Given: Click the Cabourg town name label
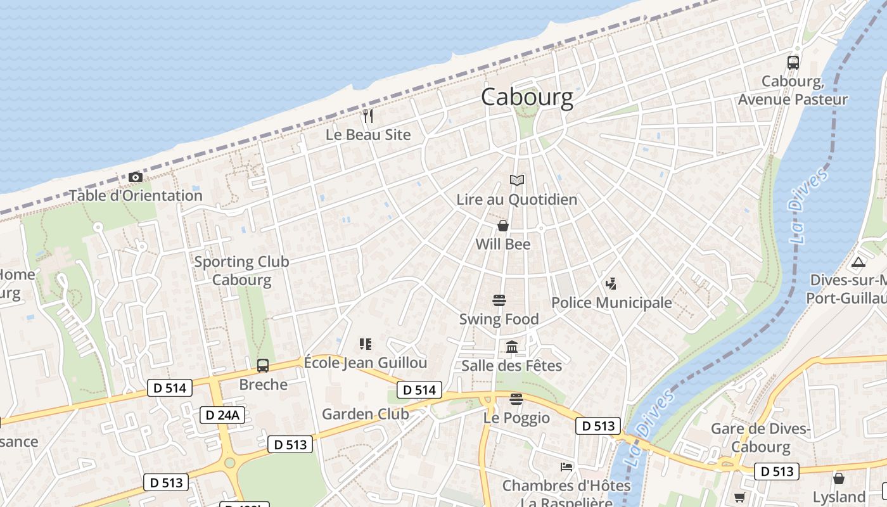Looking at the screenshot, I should [x=527, y=97].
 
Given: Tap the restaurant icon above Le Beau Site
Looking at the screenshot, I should [x=368, y=116].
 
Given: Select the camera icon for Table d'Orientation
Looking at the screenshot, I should [x=135, y=177].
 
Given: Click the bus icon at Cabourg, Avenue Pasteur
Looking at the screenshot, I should [x=793, y=62].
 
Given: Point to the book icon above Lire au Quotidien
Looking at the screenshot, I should [x=517, y=181].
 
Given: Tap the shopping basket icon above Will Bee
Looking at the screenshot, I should [x=503, y=226].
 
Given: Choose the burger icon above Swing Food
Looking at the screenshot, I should [x=499, y=300].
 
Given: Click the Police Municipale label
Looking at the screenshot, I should [x=611, y=303].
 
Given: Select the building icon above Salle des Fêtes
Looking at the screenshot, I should [x=512, y=347].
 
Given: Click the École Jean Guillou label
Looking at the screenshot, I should [x=366, y=363].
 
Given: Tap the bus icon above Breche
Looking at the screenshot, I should [x=263, y=366].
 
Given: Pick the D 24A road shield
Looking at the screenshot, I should [x=222, y=415].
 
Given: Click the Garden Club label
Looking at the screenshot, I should [x=366, y=414].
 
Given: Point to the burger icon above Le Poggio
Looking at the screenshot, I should [x=516, y=399].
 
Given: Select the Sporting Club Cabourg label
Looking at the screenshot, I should [x=241, y=271].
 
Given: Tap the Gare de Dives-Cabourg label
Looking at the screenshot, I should [x=761, y=437].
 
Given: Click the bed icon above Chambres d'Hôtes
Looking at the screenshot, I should [x=566, y=467].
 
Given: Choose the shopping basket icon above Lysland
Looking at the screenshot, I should [x=839, y=478].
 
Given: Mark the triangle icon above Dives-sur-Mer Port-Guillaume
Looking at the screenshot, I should [x=858, y=262].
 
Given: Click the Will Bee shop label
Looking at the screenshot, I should [x=503, y=245].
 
